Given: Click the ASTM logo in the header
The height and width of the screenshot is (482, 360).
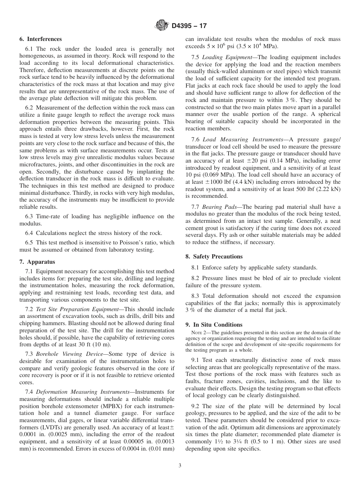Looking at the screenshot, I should point(162,26).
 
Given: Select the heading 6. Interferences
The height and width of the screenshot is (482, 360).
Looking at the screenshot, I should point(41,39).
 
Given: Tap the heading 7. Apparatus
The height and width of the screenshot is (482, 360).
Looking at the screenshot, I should point(37,262).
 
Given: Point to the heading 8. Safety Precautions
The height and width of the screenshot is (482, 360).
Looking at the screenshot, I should point(214,257).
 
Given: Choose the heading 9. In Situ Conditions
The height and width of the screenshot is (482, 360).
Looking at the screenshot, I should point(214,325).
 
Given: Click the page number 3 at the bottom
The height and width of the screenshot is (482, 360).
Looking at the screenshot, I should point(180,466).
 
